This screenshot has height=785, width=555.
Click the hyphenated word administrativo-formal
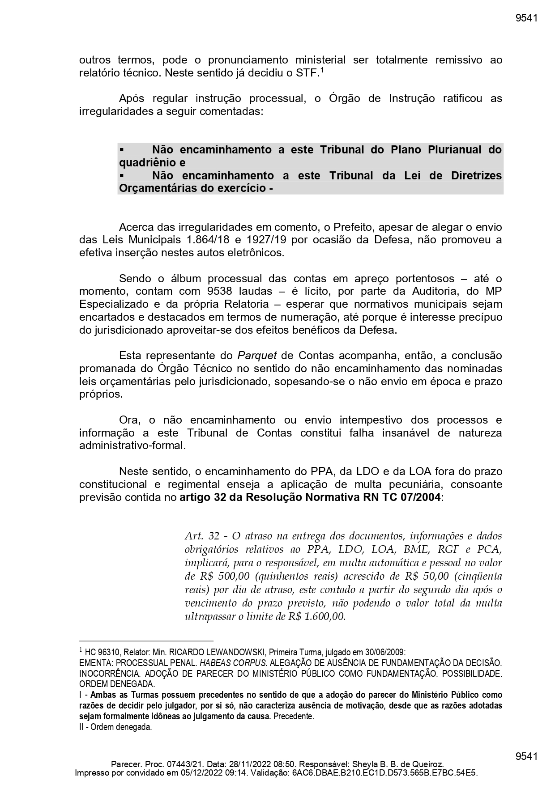[x=132, y=446]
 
